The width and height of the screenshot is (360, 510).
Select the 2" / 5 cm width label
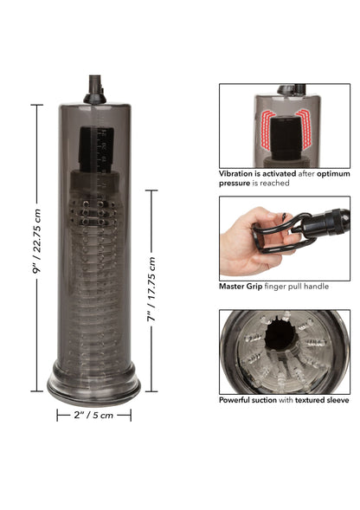[93, 416]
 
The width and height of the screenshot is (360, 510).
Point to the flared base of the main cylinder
[93, 389]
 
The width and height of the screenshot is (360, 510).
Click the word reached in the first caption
[273, 184]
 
